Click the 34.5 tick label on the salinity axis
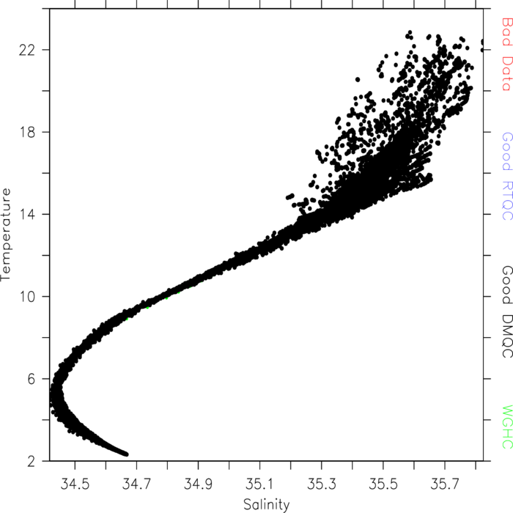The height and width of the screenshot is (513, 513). pyautogui.click(x=75, y=484)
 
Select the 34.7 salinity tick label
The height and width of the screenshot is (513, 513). pyautogui.click(x=136, y=484)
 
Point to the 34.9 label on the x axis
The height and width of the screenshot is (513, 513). pyautogui.click(x=198, y=484)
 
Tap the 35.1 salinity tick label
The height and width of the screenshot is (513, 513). pyautogui.click(x=259, y=484)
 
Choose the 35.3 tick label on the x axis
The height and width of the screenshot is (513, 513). pyautogui.click(x=321, y=484)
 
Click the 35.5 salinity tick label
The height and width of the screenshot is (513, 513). pyautogui.click(x=383, y=484)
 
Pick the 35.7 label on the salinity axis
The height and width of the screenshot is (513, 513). pyautogui.click(x=445, y=484)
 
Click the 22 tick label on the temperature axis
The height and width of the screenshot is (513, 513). pyautogui.click(x=27, y=51)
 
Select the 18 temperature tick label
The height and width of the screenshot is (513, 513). pyautogui.click(x=27, y=133)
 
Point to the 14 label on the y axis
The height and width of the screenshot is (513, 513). pyautogui.click(x=27, y=215)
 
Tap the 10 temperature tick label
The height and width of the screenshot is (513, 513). pyautogui.click(x=27, y=297)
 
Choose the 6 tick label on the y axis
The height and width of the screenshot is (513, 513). pyautogui.click(x=31, y=379)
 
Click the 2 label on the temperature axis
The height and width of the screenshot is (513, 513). pyautogui.click(x=31, y=461)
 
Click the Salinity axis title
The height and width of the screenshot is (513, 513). pyautogui.click(x=267, y=505)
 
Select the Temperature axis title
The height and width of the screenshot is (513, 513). pyautogui.click(x=6, y=235)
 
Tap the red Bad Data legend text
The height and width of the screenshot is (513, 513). pyautogui.click(x=506, y=54)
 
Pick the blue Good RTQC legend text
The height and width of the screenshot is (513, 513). pyautogui.click(x=506, y=176)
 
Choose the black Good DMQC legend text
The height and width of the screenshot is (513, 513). pyautogui.click(x=506, y=311)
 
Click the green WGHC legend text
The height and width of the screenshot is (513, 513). pyautogui.click(x=506, y=427)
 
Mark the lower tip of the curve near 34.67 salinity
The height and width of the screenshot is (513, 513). pyautogui.click(x=127, y=454)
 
